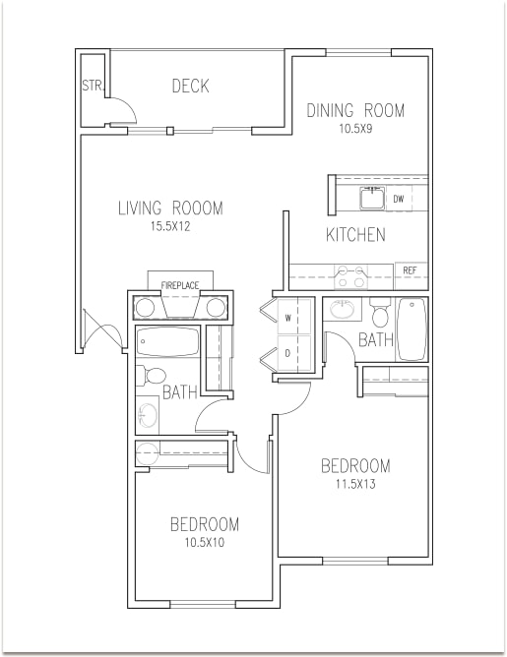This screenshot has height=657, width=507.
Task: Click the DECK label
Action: (190, 86)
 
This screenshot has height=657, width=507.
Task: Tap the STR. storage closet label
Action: (93, 86)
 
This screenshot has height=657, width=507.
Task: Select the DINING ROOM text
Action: (355, 110)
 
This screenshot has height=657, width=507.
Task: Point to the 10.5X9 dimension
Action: (355, 129)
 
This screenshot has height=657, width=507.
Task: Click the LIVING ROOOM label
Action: (170, 209)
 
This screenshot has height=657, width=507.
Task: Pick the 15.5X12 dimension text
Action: (170, 226)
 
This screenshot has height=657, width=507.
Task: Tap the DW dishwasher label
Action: (399, 199)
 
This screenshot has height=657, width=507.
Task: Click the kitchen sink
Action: (372, 199)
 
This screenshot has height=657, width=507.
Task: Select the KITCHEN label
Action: (355, 235)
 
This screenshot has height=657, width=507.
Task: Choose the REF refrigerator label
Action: (410, 270)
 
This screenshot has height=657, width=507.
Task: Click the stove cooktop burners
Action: (351, 276)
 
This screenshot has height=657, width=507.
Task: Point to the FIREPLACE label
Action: (180, 286)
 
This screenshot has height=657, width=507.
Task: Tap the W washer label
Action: (288, 318)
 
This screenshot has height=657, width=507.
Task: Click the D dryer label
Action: (287, 354)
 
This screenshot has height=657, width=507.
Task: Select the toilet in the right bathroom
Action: (381, 313)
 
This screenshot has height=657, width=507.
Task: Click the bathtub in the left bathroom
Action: (167, 341)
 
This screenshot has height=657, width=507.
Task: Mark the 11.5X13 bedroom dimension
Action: (355, 484)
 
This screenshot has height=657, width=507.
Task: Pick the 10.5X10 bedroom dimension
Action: (205, 543)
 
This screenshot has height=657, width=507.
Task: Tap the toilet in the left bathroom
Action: (151, 375)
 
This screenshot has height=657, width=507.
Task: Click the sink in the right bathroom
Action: (343, 309)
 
